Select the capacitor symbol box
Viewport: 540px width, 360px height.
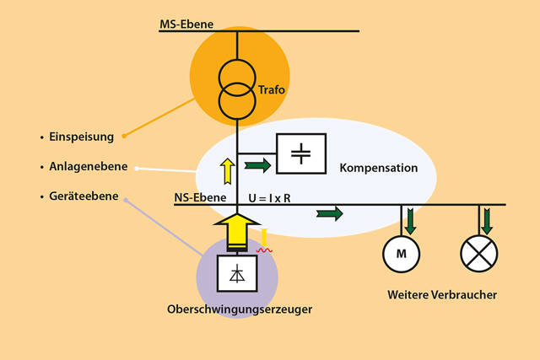pos(300,153)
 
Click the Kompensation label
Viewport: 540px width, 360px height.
pos(379,168)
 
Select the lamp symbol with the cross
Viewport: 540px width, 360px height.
pos(479,253)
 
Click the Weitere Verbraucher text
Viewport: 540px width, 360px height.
pos(442,295)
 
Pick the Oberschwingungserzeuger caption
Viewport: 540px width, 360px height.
pos(240,309)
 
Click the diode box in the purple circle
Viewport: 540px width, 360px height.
pos(238,272)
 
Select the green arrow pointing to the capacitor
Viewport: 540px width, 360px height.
pos(258,164)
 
